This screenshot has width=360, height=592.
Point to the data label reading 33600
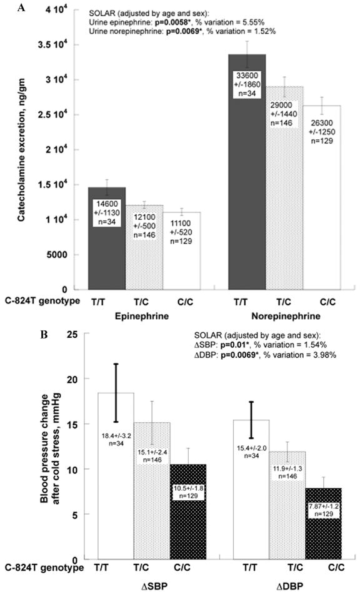(x=250, y=81)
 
